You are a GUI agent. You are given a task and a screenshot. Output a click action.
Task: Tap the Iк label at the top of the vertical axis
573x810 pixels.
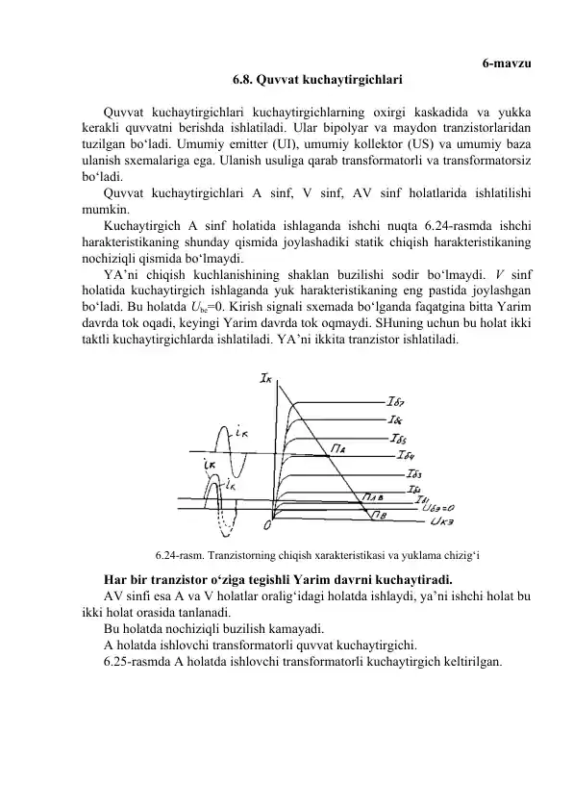(266, 379)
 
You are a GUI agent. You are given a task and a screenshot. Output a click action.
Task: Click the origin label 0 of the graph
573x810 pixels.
(267, 525)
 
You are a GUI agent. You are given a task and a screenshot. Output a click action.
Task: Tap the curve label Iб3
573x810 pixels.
(414, 473)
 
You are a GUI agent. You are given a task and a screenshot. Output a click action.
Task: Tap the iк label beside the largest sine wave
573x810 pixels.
(244, 433)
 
